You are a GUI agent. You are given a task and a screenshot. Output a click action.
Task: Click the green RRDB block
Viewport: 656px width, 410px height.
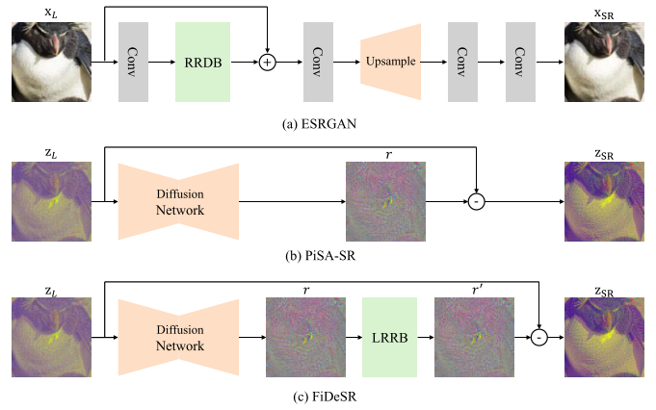[202, 62]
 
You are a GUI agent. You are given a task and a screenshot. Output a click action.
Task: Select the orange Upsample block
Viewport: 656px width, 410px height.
[391, 62]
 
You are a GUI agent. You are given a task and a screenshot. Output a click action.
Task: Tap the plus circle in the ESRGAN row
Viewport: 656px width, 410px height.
[268, 63]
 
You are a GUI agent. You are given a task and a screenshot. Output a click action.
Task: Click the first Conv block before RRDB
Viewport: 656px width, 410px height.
[133, 62]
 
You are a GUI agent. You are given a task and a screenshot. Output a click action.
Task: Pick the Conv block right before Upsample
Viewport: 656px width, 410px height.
[318, 62]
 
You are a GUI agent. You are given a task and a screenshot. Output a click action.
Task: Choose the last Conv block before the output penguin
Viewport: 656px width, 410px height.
[520, 62]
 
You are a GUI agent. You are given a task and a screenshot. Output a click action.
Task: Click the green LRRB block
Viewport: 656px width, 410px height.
[389, 337]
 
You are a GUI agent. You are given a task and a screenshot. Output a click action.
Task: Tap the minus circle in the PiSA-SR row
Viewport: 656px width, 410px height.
[476, 202]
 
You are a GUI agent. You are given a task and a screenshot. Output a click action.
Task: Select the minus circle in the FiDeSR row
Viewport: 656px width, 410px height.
[538, 337]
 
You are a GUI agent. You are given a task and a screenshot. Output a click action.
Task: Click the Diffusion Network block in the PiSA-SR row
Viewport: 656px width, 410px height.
[178, 201]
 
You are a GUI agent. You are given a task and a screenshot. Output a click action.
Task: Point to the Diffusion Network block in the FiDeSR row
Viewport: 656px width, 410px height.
[178, 337]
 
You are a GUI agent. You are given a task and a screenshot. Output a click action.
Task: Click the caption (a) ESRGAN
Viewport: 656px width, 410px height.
[319, 124]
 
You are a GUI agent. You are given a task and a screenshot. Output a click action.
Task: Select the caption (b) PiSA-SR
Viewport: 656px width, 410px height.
[321, 255]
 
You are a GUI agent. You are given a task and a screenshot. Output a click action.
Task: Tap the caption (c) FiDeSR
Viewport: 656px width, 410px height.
[325, 397]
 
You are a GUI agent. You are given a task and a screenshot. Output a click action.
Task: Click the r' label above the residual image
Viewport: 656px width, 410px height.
[477, 290]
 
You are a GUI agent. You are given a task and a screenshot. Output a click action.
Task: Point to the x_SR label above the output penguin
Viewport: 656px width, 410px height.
[604, 13]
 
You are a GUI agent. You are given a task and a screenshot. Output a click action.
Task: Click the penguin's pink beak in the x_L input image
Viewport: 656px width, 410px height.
[56, 43]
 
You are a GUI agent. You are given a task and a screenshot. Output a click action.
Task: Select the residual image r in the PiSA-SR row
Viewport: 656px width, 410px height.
[385, 201]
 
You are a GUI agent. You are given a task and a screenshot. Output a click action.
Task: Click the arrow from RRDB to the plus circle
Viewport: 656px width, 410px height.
[245, 63]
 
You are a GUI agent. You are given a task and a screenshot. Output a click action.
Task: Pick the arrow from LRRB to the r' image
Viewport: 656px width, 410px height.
[426, 337]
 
